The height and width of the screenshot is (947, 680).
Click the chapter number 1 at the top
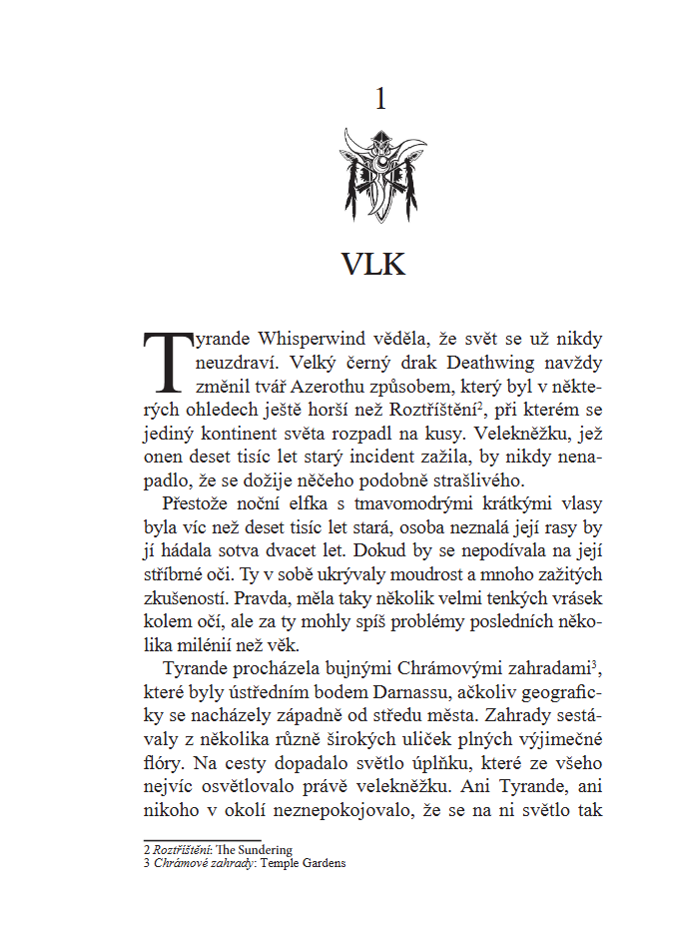(379, 99)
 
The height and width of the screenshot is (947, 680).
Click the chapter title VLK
(373, 264)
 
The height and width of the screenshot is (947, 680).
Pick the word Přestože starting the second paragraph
(196, 505)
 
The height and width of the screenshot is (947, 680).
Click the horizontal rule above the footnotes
(203, 840)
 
